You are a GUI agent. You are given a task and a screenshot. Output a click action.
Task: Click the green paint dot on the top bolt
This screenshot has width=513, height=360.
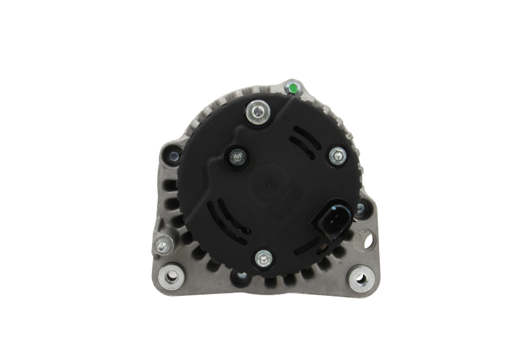(x=292, y=87)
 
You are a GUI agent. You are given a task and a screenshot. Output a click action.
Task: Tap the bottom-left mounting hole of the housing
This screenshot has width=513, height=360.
(x=171, y=275)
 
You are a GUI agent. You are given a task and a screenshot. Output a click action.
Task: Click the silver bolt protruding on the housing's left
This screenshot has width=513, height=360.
(x=161, y=244)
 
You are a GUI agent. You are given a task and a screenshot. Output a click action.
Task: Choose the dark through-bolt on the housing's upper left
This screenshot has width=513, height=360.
(x=172, y=155)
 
